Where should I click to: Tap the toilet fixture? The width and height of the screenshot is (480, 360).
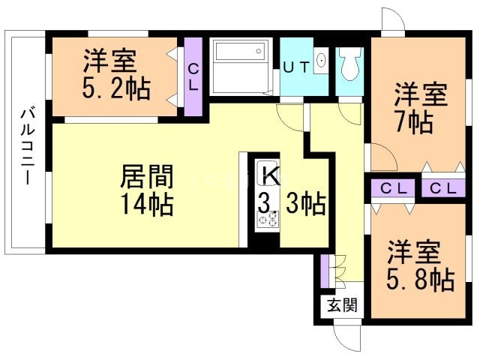click(x=349, y=63)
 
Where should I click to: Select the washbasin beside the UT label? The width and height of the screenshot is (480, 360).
click(x=321, y=61)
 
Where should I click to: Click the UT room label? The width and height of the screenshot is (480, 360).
click(x=297, y=67)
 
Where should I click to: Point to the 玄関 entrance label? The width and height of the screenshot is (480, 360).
click(x=342, y=305)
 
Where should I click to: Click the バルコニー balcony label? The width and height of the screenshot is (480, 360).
click(x=28, y=145)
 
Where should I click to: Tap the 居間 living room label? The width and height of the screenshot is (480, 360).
click(x=147, y=176)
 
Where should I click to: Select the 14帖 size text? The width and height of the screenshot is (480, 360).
click(x=147, y=203)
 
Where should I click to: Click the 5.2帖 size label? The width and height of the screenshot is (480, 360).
click(x=116, y=88)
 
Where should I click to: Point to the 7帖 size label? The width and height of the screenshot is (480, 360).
click(x=414, y=121)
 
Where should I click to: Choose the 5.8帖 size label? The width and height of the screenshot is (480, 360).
click(x=420, y=278)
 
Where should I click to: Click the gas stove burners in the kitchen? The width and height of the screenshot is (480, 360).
click(x=268, y=220)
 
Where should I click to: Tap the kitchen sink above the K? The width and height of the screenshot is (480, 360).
click(x=268, y=166)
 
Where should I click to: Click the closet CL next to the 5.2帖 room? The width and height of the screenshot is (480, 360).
click(x=193, y=76)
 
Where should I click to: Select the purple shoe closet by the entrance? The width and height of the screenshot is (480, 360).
click(x=324, y=271)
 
